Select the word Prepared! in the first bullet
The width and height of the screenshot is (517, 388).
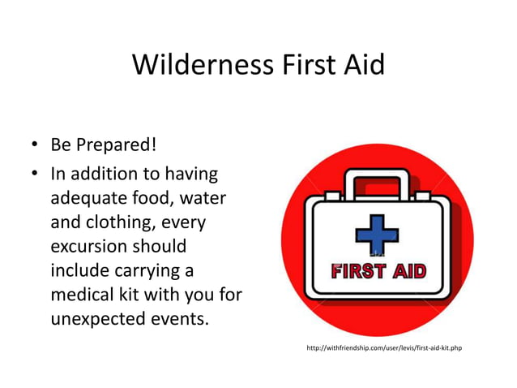(114, 146)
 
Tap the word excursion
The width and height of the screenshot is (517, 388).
(88, 244)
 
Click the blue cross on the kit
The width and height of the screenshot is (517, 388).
(378, 233)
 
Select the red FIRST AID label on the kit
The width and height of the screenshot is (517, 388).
(378, 271)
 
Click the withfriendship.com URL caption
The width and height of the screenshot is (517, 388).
(383, 348)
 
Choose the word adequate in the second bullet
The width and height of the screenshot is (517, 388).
(87, 197)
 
